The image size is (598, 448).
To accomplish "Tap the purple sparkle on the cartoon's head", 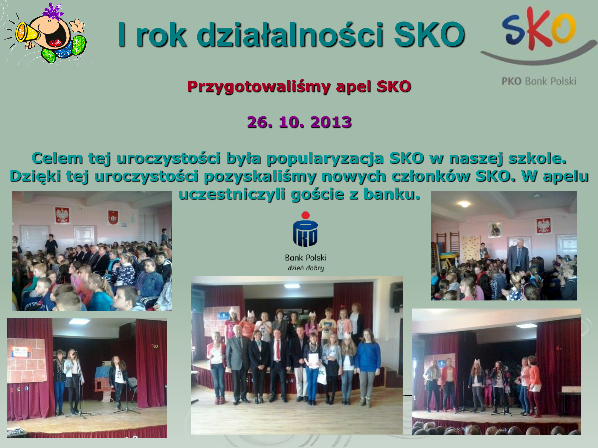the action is pyautogui.click(x=53, y=12).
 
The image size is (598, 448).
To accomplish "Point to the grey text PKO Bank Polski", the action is pyautogui.click(x=539, y=81).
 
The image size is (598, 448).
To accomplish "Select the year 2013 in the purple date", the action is pyautogui.click(x=331, y=122).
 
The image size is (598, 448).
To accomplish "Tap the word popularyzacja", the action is pyautogui.click(x=325, y=159).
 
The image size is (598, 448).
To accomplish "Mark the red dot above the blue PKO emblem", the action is pyautogui.click(x=306, y=215).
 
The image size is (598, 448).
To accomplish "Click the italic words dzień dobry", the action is pyautogui.click(x=306, y=268).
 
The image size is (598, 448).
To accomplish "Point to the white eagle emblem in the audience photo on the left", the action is pyautogui.click(x=62, y=215).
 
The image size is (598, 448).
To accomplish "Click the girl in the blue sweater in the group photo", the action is pyautogui.click(x=368, y=367).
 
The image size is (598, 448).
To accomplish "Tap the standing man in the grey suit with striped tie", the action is pyautogui.click(x=518, y=257).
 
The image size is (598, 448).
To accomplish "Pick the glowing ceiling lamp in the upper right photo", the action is pyautogui.click(x=464, y=204).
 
